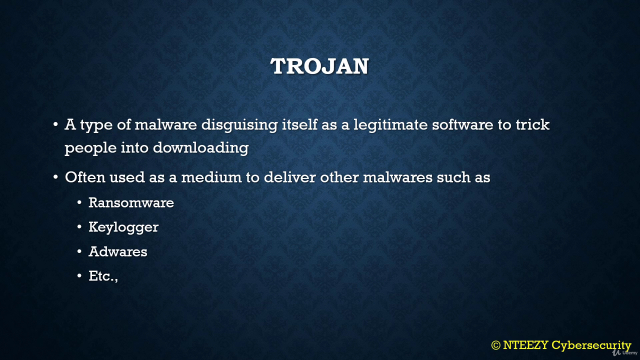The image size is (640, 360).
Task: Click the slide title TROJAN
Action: (x=319, y=66)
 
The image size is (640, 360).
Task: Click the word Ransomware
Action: (x=131, y=202)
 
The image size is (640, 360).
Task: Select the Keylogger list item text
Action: (x=123, y=227)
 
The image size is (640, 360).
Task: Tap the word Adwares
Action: (x=117, y=251)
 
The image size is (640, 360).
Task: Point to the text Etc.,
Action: (x=103, y=276)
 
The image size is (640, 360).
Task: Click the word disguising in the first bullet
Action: (x=239, y=125)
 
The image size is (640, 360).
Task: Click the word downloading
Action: (x=200, y=148)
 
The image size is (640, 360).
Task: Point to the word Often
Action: (x=85, y=177)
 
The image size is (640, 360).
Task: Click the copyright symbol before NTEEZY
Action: (x=495, y=345)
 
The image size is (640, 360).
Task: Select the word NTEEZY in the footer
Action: (x=525, y=345)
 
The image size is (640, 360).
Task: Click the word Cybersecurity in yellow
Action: (x=591, y=345)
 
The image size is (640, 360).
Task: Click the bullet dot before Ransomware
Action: (x=79, y=203)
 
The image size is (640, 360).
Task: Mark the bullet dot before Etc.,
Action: (x=79, y=276)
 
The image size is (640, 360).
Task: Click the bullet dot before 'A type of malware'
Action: (x=55, y=124)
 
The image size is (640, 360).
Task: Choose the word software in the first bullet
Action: (x=462, y=125)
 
